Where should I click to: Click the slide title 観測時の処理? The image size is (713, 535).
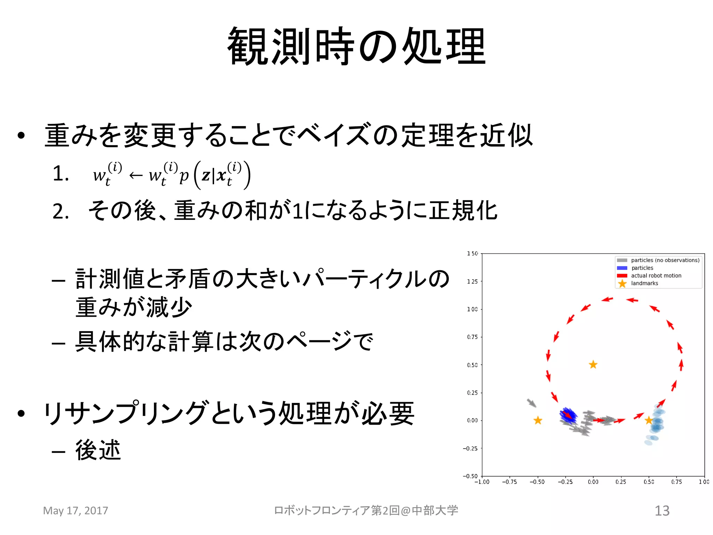356,46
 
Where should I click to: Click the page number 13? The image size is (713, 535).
662,511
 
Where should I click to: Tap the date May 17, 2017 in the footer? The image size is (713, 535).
76,511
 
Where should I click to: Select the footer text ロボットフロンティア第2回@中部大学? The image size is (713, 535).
366,511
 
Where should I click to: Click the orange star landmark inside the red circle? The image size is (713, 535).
593,365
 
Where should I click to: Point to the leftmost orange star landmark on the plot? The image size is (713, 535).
538,420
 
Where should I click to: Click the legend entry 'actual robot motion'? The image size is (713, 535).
656,276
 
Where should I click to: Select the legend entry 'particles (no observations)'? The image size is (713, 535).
665,260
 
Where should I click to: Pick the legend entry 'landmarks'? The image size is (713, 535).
644,283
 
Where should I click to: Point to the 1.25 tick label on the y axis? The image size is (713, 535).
472,281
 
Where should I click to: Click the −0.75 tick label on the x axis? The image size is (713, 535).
509,482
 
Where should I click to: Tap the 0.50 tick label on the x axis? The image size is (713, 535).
649,482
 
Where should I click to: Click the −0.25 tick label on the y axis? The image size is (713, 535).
470,448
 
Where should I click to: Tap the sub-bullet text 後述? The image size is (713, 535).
98,450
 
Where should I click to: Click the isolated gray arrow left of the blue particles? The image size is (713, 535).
531,403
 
